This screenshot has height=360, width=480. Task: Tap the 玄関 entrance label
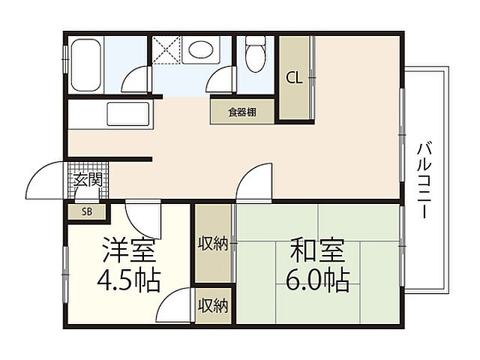tap(88, 180)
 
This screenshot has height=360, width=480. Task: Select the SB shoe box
tap(87, 211)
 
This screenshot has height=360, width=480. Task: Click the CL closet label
tap(294, 77)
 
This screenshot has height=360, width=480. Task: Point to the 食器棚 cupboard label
tap(242, 112)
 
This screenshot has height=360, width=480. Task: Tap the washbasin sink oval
tap(200, 51)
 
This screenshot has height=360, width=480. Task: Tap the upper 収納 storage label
tap(213, 243)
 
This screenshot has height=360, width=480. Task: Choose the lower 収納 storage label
tap(213, 305)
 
